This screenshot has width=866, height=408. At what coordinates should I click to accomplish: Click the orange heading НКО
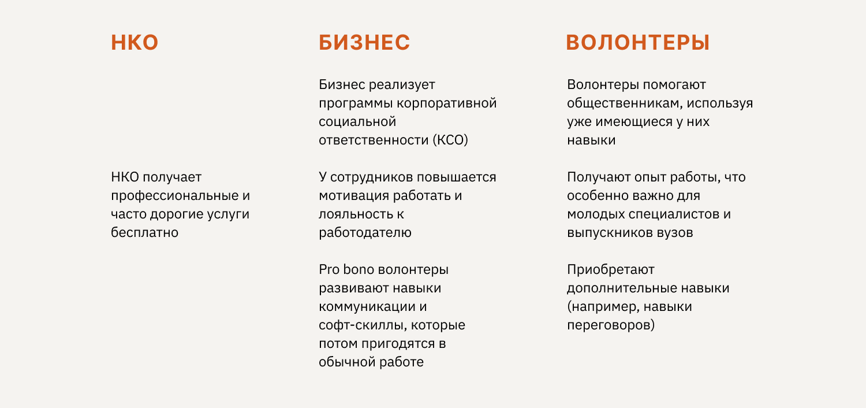click(135, 42)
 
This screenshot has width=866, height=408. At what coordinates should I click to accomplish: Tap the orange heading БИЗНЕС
click(364, 42)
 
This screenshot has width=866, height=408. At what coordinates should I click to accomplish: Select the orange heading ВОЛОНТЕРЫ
click(638, 42)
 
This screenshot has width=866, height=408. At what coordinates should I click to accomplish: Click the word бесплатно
click(144, 232)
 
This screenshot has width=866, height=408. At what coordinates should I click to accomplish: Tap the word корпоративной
click(446, 103)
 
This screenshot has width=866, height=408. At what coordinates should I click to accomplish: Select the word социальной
click(357, 121)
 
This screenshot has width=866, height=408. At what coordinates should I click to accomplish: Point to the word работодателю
click(365, 233)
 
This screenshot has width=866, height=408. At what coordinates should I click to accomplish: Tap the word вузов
click(675, 233)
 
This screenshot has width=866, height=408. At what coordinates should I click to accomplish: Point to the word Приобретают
click(611, 269)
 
